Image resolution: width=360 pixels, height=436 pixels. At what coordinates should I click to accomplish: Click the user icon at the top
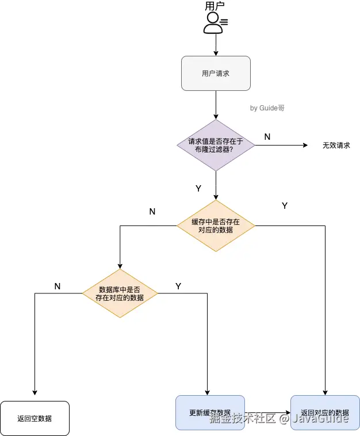pyautogui.click(x=215, y=22)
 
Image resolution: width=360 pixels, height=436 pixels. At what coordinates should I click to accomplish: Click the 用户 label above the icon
pyautogui.click(x=215, y=6)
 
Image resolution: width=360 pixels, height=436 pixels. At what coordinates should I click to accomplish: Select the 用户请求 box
pyautogui.click(x=216, y=73)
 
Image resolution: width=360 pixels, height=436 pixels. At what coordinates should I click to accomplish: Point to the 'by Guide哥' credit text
pyautogui.click(x=267, y=108)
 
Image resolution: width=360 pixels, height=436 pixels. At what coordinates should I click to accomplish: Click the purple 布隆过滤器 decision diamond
pyautogui.click(x=216, y=145)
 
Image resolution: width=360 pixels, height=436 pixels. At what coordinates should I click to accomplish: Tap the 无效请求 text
pyautogui.click(x=336, y=146)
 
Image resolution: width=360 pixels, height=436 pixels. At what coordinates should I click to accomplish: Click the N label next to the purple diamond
pyautogui.click(x=267, y=136)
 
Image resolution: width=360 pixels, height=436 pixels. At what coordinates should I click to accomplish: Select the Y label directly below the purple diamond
pyautogui.click(x=198, y=188)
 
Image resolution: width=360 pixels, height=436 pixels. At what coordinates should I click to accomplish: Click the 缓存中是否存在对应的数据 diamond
pyautogui.click(x=216, y=225)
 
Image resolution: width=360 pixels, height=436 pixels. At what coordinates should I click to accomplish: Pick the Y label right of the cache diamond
pyautogui.click(x=284, y=205)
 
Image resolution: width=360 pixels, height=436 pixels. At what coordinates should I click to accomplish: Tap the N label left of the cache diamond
pyautogui.click(x=152, y=211)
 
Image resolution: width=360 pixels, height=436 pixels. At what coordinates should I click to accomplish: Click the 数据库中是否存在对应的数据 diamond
pyautogui.click(x=120, y=293)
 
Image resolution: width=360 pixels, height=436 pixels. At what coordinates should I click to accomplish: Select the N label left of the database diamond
pyautogui.click(x=58, y=286)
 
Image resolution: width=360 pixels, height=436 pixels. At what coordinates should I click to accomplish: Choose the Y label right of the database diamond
pyautogui.click(x=178, y=286)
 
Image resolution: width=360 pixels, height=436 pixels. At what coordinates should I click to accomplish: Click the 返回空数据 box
pyautogui.click(x=35, y=418)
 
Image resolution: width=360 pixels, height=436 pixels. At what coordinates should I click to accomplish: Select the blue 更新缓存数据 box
pyautogui.click(x=210, y=412)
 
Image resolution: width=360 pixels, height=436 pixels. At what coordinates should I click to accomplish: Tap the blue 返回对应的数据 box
pyautogui.click(x=325, y=412)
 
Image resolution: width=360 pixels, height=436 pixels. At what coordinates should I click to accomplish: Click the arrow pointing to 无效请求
pyautogui.click(x=282, y=146)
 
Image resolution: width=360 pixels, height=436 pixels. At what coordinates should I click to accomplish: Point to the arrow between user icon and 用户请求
pyautogui.click(x=216, y=45)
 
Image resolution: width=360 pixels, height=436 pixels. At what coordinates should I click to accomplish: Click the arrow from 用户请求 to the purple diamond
pyautogui.click(x=216, y=105)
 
